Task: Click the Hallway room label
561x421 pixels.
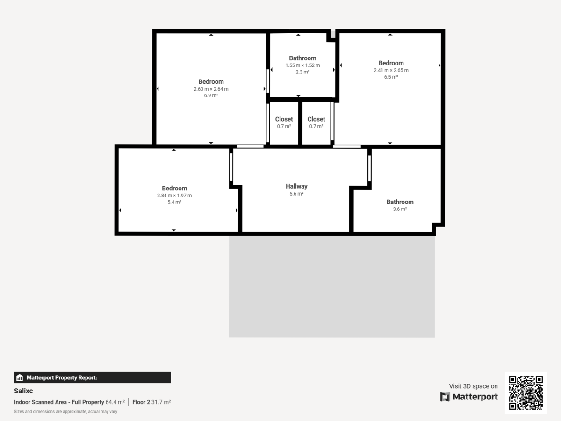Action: pyautogui.click(x=296, y=186)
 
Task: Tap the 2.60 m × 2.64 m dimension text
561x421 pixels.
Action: pyautogui.click(x=211, y=89)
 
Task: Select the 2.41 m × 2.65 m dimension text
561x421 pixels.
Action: pyautogui.click(x=391, y=70)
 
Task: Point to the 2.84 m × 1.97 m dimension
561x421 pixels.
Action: pyautogui.click(x=174, y=196)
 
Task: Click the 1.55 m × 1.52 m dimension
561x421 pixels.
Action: pyautogui.click(x=302, y=65)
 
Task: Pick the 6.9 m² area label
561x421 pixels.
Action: pyautogui.click(x=211, y=95)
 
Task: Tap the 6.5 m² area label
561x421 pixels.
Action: pyautogui.click(x=391, y=77)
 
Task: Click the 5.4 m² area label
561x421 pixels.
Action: pyautogui.click(x=174, y=202)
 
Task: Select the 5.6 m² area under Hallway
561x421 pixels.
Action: pyautogui.click(x=296, y=193)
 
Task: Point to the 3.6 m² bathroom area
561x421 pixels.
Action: pyautogui.click(x=400, y=209)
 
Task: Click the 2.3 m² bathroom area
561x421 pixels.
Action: pyautogui.click(x=302, y=72)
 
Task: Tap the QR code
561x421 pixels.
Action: pyautogui.click(x=525, y=393)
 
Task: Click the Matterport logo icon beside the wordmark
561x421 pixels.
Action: pyautogui.click(x=446, y=397)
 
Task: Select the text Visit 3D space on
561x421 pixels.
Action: pyautogui.click(x=473, y=386)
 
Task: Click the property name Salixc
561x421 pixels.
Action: pyautogui.click(x=23, y=391)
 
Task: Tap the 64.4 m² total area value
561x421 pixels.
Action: pyautogui.click(x=115, y=402)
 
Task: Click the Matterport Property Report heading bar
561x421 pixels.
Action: pyautogui.click(x=92, y=377)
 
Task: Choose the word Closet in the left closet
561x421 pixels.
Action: pyautogui.click(x=284, y=119)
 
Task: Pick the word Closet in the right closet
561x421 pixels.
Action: pyautogui.click(x=316, y=119)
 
